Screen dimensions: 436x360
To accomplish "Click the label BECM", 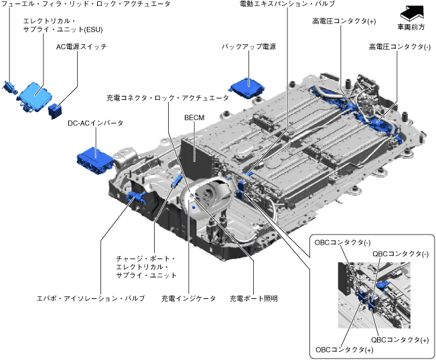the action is [x=194, y=118].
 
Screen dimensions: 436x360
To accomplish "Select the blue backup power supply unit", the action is [x=246, y=88].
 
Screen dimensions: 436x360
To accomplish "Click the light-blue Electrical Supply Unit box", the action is [x=35, y=96].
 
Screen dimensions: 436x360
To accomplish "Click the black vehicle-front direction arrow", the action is [x=412, y=13].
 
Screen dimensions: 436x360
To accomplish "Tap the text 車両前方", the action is [x=411, y=27].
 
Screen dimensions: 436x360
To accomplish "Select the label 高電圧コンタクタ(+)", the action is [x=344, y=21].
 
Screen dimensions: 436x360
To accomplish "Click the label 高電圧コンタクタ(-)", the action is [x=400, y=47].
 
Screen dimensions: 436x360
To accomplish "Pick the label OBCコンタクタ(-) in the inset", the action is [x=342, y=243].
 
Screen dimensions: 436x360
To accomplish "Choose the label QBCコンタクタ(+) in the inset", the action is [x=400, y=340].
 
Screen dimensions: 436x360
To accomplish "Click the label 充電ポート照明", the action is [x=254, y=298].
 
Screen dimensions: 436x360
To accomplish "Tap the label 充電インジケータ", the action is [x=188, y=298].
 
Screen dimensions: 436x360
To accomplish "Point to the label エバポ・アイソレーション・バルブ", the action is [x=91, y=298].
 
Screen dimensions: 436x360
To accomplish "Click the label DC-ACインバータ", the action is [x=95, y=123].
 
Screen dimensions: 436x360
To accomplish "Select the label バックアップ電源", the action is [x=249, y=46].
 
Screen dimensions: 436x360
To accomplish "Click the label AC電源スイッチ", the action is [x=82, y=46].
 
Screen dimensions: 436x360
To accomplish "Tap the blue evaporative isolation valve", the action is [x=136, y=196].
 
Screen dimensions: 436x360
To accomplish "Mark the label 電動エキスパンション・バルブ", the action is [x=287, y=3].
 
